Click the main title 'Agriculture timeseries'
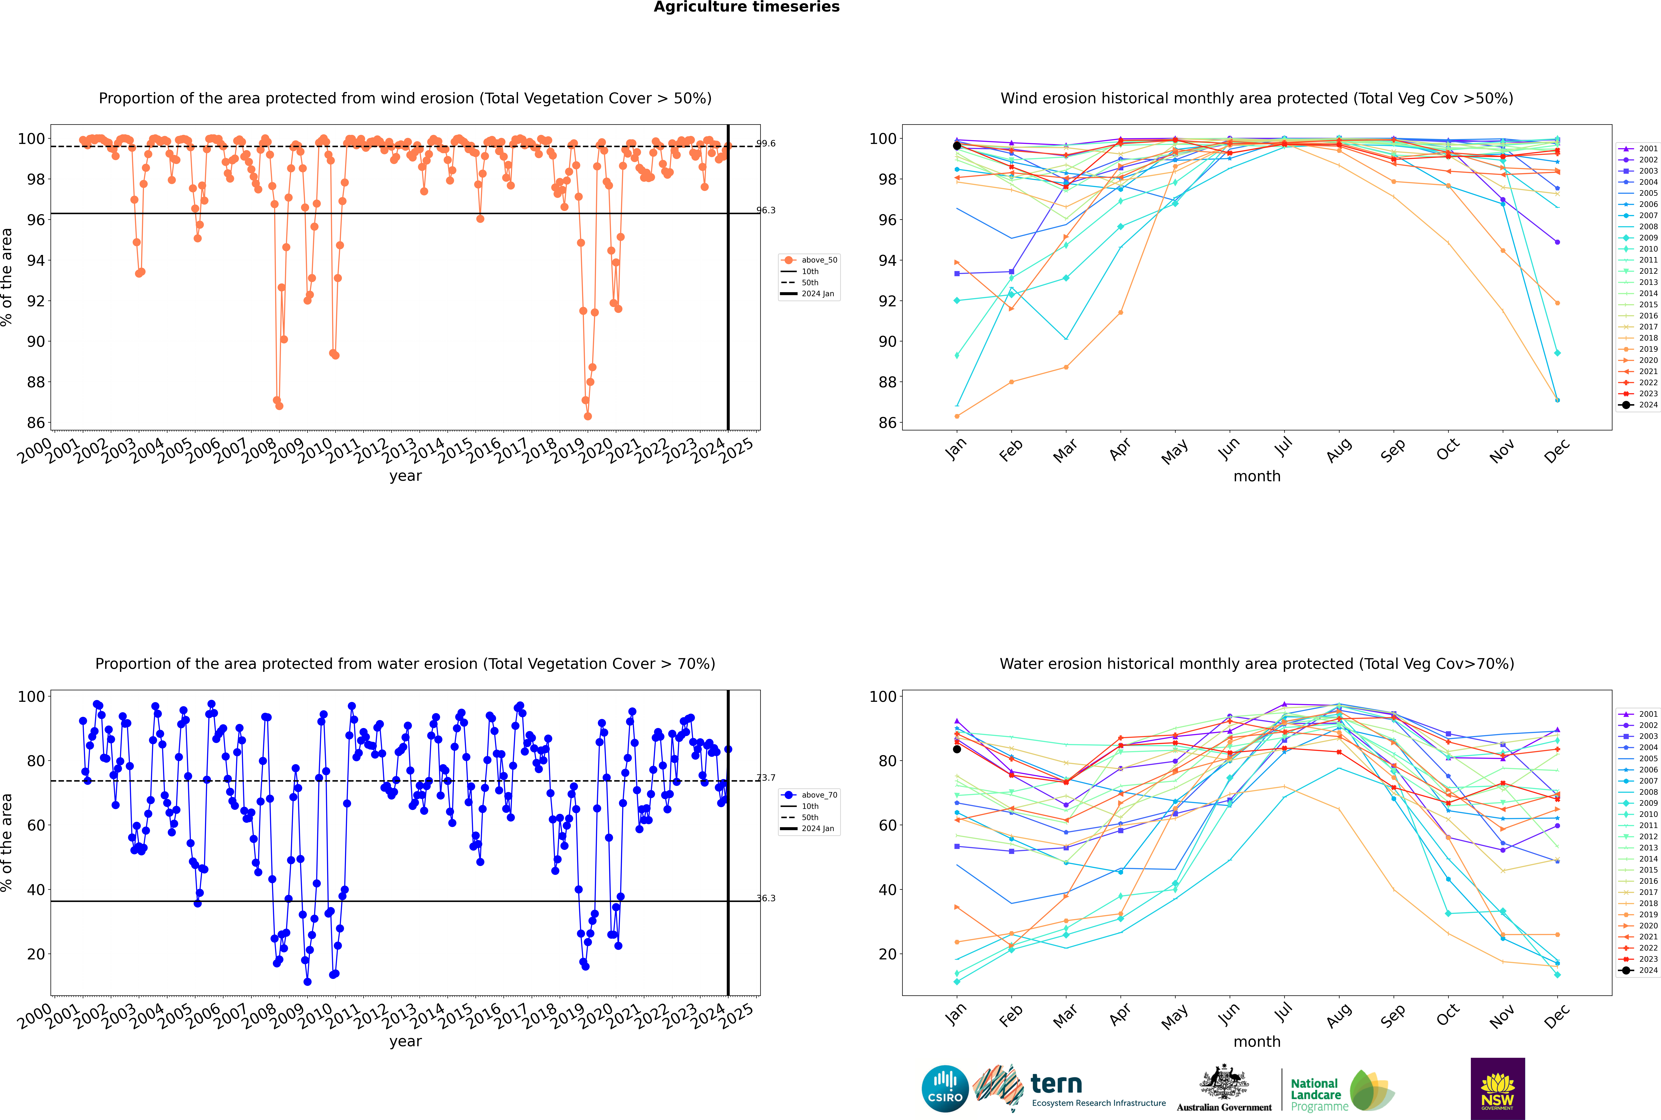pos(746,7)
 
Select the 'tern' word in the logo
pos(1056,1084)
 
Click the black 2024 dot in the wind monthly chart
pos(957,146)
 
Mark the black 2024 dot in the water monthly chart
pos(957,749)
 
